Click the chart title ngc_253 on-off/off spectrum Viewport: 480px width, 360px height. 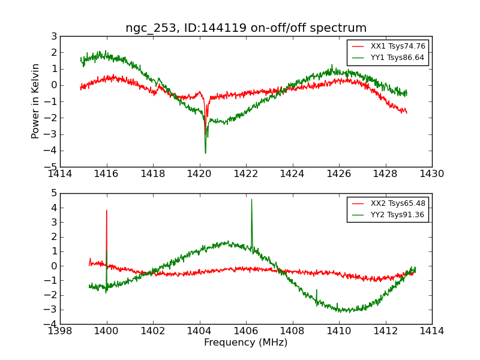[x=245, y=28]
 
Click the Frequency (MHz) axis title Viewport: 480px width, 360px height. [x=245, y=343]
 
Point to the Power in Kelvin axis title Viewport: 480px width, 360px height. [x=36, y=101]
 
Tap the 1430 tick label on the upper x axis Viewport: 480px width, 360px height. [x=431, y=174]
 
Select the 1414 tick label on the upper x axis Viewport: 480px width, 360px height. [x=60, y=174]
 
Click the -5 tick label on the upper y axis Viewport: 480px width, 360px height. [x=52, y=166]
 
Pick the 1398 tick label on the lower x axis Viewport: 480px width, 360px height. [x=60, y=331]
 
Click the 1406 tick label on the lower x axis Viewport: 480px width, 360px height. [x=245, y=331]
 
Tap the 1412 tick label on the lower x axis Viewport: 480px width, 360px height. [x=385, y=331]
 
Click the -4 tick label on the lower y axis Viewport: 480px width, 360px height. [x=52, y=324]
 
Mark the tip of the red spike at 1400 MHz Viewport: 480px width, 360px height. [x=107, y=210]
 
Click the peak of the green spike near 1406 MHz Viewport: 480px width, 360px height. [x=251, y=199]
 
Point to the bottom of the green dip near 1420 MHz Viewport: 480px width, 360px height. [x=205, y=153]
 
